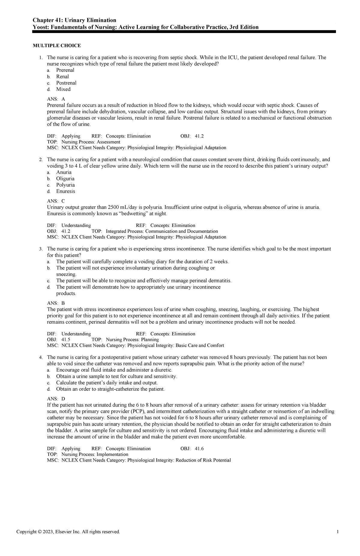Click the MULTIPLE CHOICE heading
(57, 46)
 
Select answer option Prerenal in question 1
(65, 70)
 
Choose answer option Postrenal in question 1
(66, 83)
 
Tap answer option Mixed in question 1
(63, 89)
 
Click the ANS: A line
(56, 99)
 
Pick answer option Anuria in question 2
(64, 172)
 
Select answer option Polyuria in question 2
(65, 185)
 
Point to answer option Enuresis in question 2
(65, 191)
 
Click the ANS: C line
(56, 201)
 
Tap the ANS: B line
(56, 303)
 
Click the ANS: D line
(56, 399)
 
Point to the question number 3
(41, 249)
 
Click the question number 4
(41, 357)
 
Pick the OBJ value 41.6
(199, 449)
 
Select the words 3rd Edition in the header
(244, 27)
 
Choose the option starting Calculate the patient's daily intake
(106, 383)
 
